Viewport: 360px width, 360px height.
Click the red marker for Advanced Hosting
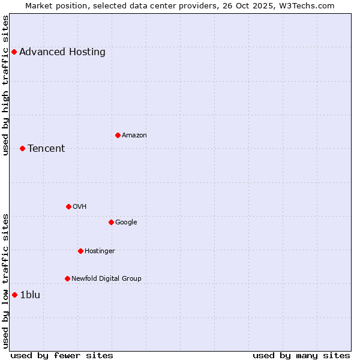pyautogui.click(x=14, y=52)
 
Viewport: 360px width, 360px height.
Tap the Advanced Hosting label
pyautogui.click(x=62, y=52)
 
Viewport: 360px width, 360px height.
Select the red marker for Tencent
pyautogui.click(x=22, y=148)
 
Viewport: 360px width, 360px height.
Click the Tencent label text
pyautogui.click(x=46, y=149)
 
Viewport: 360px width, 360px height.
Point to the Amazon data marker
pyautogui.click(x=118, y=135)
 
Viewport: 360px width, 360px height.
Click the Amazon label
pyautogui.click(x=134, y=136)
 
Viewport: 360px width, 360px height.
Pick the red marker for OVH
pyautogui.click(x=68, y=206)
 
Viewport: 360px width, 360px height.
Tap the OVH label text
pyautogui.click(x=80, y=207)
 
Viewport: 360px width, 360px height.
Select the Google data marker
pyautogui.click(x=111, y=222)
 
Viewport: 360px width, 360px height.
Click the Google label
pyautogui.click(x=126, y=223)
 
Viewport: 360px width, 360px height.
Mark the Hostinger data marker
pyautogui.click(x=80, y=251)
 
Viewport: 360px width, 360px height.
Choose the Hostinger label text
pyautogui.click(x=100, y=251)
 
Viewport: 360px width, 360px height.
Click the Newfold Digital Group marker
pyautogui.click(x=67, y=278)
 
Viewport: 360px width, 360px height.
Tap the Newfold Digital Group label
pyautogui.click(x=107, y=279)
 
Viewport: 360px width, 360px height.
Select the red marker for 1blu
pyautogui.click(x=14, y=295)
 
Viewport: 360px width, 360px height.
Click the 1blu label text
pyautogui.click(x=30, y=295)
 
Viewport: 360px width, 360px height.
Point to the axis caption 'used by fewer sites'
pyautogui.click(x=62, y=355)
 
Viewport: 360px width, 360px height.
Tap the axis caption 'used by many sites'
pyautogui.click(x=301, y=355)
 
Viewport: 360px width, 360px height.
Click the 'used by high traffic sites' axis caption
pyautogui.click(x=6, y=85)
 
